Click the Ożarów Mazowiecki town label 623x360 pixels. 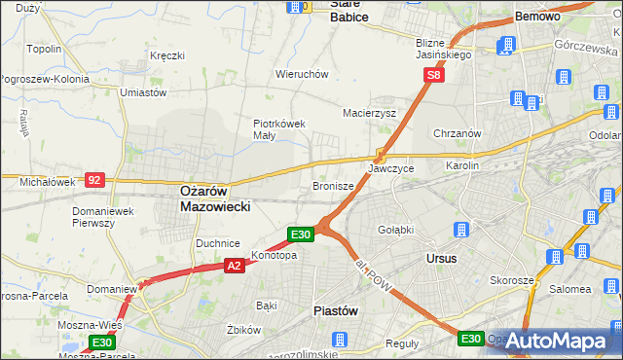coord(215,199)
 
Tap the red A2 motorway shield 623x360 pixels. coord(234,265)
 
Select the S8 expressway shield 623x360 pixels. coord(434,74)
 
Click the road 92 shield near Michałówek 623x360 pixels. coord(94,180)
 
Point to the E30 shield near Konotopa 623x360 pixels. coord(301,234)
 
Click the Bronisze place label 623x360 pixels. coord(333,185)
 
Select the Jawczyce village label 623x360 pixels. coord(391,168)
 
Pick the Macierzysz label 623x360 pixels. coord(369,113)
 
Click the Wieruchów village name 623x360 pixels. coord(302,74)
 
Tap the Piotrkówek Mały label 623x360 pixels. coord(280,129)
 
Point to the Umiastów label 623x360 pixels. coord(142,92)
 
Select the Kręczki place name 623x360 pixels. coord(166,55)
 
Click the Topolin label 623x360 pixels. coord(45,49)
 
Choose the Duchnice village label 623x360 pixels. coord(218,243)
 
